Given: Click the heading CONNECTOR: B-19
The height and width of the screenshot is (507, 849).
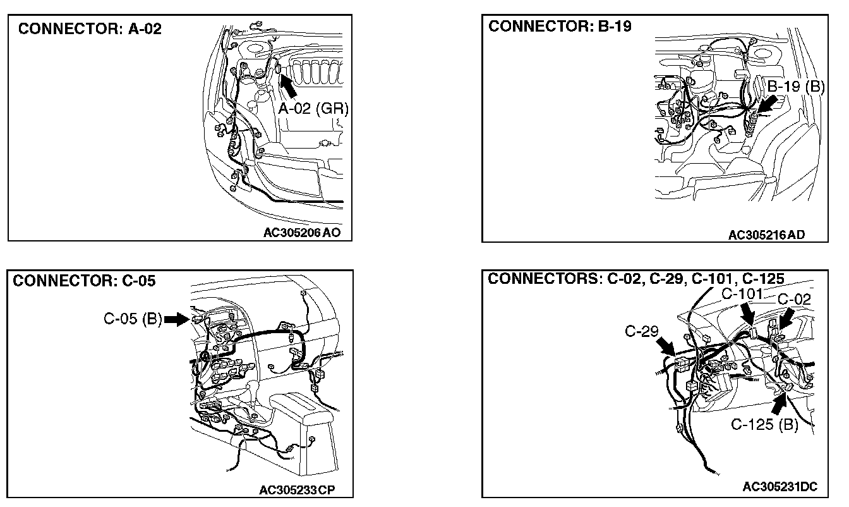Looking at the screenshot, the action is click(x=560, y=26).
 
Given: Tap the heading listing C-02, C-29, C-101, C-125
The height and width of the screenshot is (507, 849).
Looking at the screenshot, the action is click(x=636, y=279).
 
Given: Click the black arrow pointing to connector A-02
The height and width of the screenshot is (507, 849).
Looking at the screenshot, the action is click(x=288, y=85).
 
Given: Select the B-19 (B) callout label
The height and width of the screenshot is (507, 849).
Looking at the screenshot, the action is click(x=796, y=87).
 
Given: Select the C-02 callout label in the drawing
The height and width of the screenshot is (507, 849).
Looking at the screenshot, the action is click(x=794, y=299).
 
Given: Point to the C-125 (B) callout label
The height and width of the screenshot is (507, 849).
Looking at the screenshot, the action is click(x=764, y=424).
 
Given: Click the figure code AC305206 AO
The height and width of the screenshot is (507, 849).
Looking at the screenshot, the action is click(x=302, y=232).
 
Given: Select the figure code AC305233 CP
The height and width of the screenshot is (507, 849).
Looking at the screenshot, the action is click(x=297, y=489).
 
